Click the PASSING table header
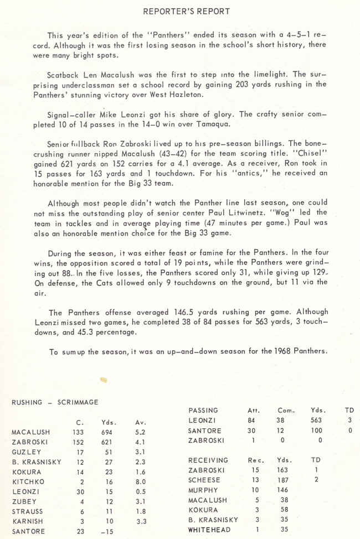pos(203,411)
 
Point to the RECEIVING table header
pos(208,460)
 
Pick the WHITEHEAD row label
pos(213,530)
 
